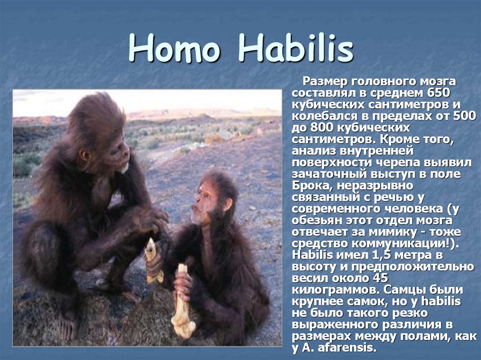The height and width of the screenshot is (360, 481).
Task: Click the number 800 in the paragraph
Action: coord(320,127)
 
